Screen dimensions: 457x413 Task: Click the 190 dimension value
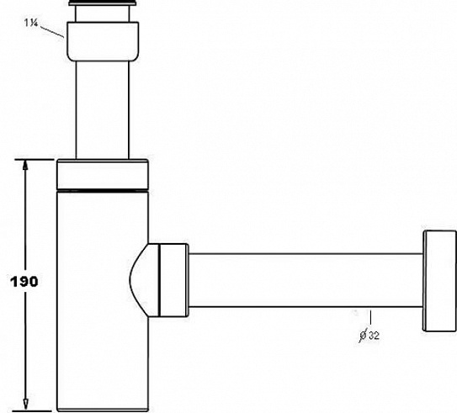pos(24,282)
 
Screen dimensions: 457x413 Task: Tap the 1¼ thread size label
pos(31,23)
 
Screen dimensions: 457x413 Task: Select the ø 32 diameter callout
pos(369,336)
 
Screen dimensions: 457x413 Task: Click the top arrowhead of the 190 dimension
pos(25,165)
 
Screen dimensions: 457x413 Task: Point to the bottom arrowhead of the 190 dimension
pos(25,405)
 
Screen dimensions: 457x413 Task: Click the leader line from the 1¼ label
pos(52,31)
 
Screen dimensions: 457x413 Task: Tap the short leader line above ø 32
pos(370,318)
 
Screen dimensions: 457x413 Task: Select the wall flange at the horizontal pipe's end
pos(439,281)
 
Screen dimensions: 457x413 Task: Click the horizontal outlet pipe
pos(306,280)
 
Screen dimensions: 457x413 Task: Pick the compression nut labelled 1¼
pos(103,41)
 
